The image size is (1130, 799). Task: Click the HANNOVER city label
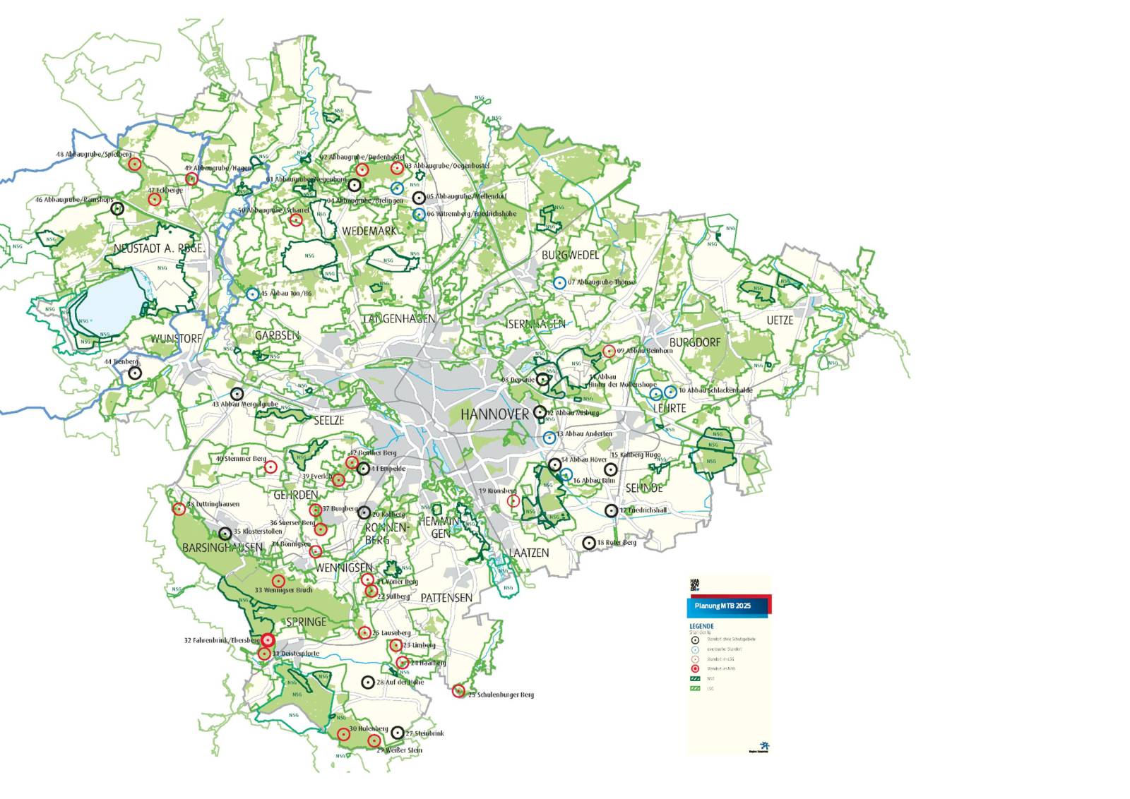[x=494, y=414]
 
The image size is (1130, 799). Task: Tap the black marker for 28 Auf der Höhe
[x=367, y=682]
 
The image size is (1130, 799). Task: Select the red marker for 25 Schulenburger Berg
[x=458, y=691]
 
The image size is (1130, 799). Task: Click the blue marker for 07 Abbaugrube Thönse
[x=560, y=282]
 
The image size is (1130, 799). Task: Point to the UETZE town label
[x=780, y=320]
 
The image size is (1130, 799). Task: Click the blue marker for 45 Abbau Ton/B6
[x=252, y=294]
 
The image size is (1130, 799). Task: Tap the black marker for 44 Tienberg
[x=135, y=373]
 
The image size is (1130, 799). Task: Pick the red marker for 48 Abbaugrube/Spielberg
[x=135, y=164]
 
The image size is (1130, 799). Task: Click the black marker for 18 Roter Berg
[x=588, y=543]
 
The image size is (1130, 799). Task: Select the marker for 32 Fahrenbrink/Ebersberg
[x=268, y=640]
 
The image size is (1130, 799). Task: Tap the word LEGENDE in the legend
[x=701, y=626]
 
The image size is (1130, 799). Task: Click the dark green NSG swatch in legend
[x=695, y=678]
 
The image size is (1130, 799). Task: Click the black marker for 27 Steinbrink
[x=398, y=733]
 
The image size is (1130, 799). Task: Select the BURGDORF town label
[x=695, y=342]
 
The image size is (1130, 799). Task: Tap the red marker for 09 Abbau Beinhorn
[x=609, y=351]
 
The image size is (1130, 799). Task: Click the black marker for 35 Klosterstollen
[x=225, y=534]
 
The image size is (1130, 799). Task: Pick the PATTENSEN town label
[x=446, y=597]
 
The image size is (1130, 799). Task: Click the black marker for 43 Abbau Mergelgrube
[x=237, y=394]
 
